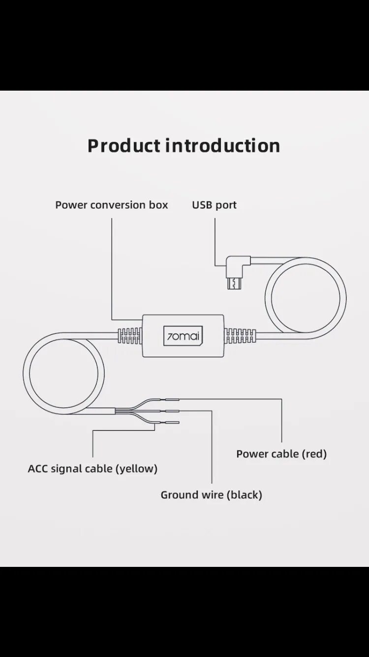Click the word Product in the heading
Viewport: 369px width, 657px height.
(124, 146)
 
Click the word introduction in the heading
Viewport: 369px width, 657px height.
(222, 146)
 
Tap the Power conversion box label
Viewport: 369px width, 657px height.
(112, 205)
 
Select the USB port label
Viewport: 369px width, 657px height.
(214, 205)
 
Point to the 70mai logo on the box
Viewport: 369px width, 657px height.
(183, 336)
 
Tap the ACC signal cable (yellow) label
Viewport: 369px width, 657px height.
(92, 468)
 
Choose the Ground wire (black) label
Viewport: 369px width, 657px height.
(211, 494)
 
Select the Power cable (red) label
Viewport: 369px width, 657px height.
(281, 454)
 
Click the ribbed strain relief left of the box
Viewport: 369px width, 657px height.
(130, 336)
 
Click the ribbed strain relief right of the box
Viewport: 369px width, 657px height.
(240, 336)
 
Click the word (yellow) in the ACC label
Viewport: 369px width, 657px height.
(136, 468)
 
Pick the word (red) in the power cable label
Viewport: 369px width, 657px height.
(314, 454)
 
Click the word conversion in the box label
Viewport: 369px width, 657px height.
(118, 205)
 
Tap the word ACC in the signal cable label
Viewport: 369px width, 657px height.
(37, 468)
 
